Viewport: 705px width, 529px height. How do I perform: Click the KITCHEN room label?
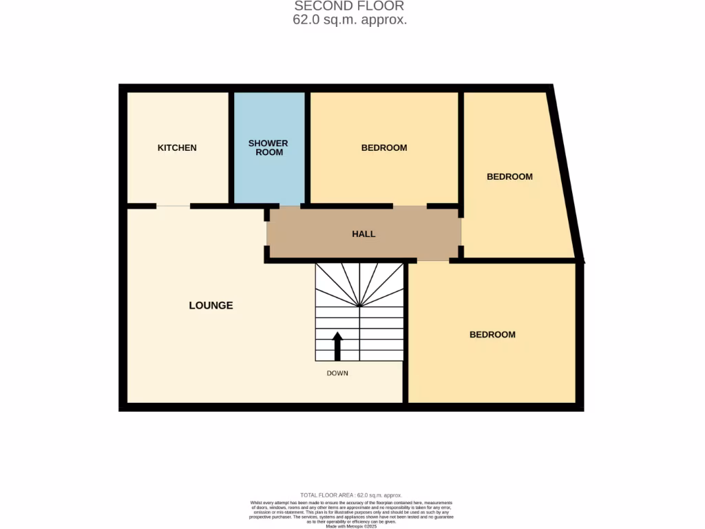pos(177,147)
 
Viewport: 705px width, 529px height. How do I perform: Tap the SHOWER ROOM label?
pos(269,147)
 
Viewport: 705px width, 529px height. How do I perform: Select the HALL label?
pos(364,234)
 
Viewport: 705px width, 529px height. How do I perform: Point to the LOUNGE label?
pos(211,305)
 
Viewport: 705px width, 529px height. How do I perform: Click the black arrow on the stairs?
pos(337,346)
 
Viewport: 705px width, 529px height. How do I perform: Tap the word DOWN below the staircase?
pos(337,373)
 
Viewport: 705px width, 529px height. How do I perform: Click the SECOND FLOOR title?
pos(349,6)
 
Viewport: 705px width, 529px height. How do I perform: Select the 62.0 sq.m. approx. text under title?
pos(350,20)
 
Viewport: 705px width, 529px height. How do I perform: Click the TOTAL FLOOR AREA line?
pos(351,495)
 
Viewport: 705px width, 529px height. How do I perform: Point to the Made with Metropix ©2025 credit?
pos(351,525)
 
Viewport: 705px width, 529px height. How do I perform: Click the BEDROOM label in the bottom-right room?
pos(492,335)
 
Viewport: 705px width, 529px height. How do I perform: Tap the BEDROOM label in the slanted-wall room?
pos(509,176)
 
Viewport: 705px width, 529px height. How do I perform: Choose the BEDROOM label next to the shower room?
pos(384,147)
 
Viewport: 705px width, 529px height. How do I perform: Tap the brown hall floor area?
pos(413,234)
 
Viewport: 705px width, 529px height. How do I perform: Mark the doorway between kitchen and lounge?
pos(173,206)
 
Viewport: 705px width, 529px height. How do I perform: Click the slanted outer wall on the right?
pos(566,172)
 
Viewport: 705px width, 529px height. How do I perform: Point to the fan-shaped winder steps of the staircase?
pos(359,286)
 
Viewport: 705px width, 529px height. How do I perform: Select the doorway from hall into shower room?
pos(290,206)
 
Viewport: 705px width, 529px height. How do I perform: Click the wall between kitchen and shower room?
pos(231,147)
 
